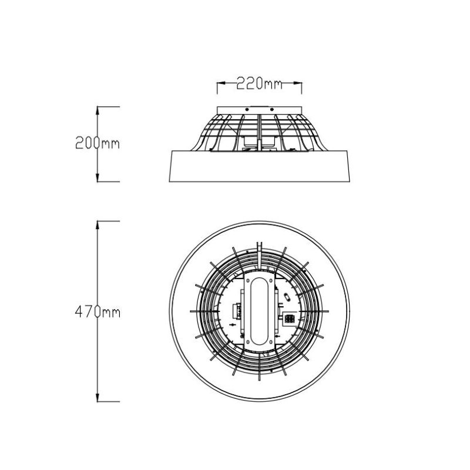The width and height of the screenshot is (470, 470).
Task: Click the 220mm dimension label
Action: pos(259,83)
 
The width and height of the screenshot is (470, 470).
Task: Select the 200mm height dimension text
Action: pos(98,143)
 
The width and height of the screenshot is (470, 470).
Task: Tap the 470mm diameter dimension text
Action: pos(98,312)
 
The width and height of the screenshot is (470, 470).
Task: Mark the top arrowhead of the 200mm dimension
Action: pos(98,110)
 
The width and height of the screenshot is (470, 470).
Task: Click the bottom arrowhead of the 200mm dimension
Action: pos(98,177)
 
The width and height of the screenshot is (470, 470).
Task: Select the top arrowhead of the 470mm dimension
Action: pos(98,226)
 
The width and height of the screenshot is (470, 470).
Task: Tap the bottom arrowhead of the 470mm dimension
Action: pos(98,397)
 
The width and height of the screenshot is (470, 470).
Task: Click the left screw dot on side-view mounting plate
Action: pos(247,109)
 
